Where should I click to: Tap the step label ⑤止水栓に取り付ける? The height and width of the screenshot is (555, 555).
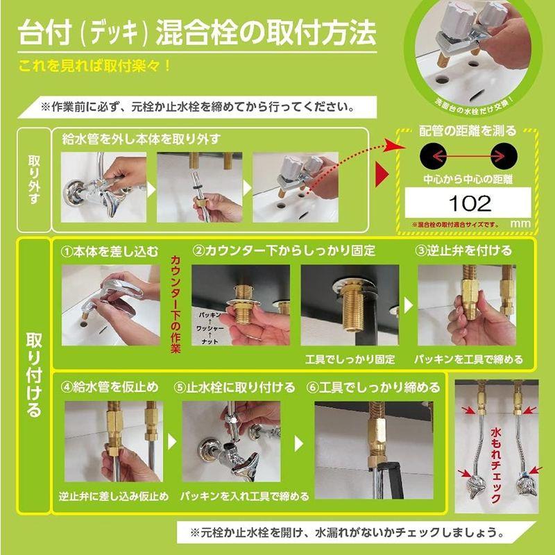(234, 386)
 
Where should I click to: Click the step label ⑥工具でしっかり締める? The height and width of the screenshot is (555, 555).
(374, 386)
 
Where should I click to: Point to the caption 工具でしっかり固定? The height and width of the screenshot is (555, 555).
(350, 359)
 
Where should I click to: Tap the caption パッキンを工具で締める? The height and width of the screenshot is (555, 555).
(470, 359)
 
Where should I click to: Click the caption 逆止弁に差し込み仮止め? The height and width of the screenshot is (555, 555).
(113, 497)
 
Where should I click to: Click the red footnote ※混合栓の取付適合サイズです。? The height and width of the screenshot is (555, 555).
(455, 225)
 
